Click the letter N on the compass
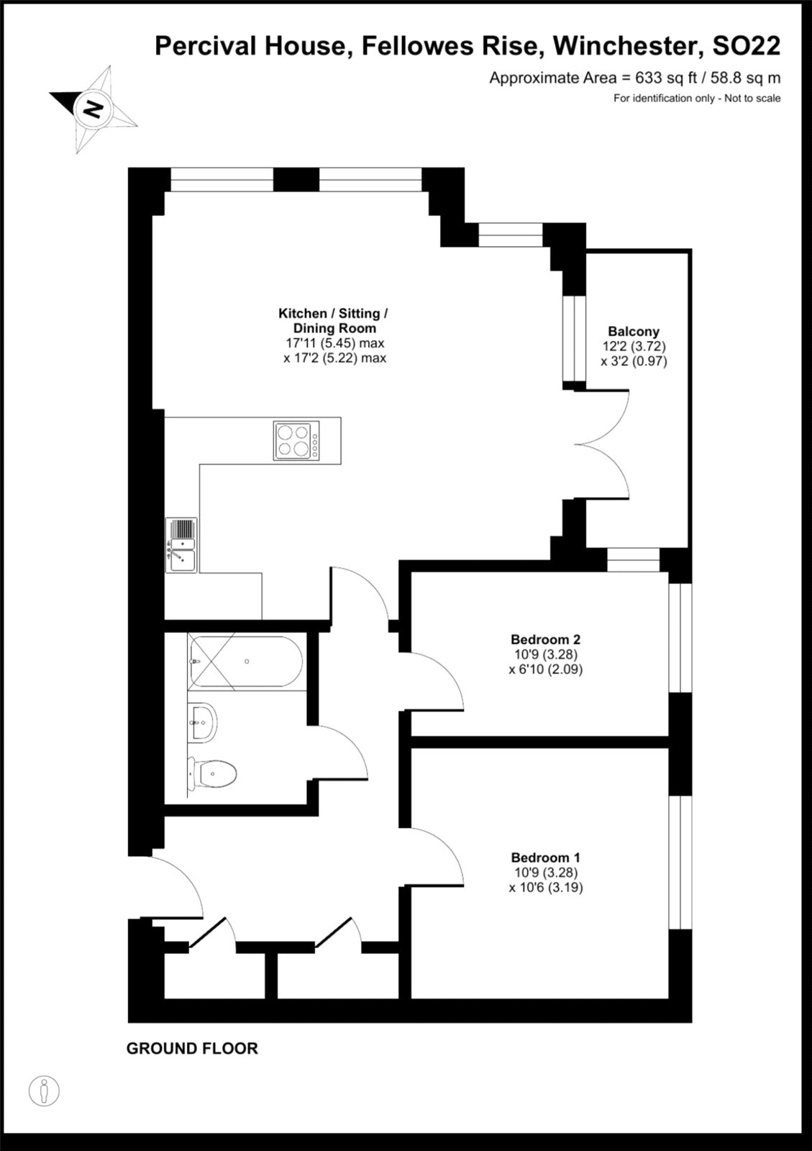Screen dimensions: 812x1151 click(x=93, y=109)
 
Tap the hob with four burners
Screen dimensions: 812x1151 click(x=296, y=440)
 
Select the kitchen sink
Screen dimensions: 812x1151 click(x=181, y=545)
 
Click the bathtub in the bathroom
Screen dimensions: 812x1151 click(x=246, y=661)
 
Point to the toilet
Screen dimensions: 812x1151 click(x=211, y=773)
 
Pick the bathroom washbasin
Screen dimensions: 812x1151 click(x=202, y=722)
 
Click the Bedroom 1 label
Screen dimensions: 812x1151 click(x=545, y=857)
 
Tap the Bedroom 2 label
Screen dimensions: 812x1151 click(x=545, y=640)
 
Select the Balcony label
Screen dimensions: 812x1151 click(x=634, y=331)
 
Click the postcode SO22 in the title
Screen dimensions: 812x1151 click(x=747, y=46)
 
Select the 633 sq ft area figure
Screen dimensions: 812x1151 click(x=667, y=78)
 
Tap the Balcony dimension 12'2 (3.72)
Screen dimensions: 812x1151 click(x=634, y=346)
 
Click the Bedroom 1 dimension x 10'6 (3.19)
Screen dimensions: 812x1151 click(x=546, y=888)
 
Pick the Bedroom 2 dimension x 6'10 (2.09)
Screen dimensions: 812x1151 click(x=546, y=670)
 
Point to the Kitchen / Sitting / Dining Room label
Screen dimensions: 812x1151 click(x=333, y=321)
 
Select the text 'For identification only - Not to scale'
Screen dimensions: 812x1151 click(x=697, y=98)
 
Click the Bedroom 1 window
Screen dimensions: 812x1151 click(x=680, y=863)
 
